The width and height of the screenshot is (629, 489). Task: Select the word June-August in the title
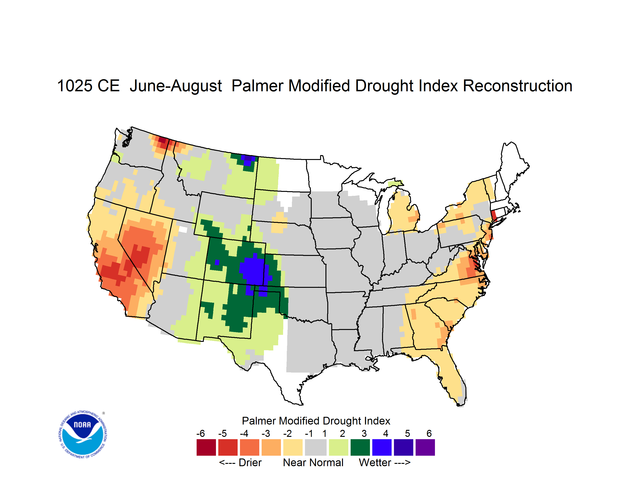coord(176,86)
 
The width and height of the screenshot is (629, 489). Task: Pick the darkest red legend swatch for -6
coord(206,447)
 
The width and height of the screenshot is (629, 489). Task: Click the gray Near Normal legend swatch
coord(316,447)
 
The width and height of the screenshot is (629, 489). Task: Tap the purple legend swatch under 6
coord(425,447)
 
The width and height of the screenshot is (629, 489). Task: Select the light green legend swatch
coord(338,447)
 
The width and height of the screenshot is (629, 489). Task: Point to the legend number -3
coord(266,433)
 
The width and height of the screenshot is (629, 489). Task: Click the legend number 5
coord(407,433)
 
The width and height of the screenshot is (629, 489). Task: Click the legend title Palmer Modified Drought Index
coord(316,421)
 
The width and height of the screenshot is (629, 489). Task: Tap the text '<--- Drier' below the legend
coord(240,462)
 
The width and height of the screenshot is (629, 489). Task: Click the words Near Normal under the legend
coord(313,462)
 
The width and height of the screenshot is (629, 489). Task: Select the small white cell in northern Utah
coord(183,229)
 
